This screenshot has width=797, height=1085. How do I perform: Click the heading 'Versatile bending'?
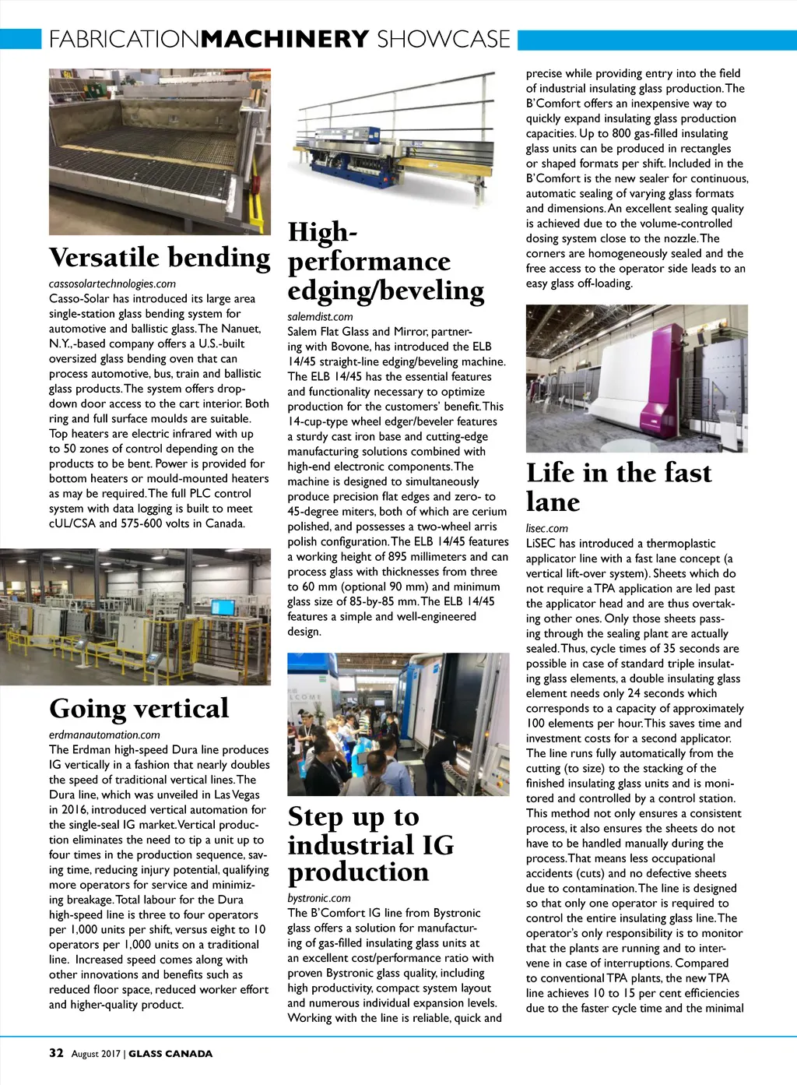(x=160, y=257)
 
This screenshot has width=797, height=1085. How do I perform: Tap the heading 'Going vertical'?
(x=139, y=708)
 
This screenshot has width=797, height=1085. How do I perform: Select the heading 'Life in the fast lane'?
(x=619, y=487)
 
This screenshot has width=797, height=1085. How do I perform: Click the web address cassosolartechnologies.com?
(x=112, y=284)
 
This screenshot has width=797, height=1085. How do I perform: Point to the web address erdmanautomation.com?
(x=104, y=734)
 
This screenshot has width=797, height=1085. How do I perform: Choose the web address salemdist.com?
(x=320, y=316)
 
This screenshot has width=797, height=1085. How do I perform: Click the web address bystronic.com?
(x=319, y=897)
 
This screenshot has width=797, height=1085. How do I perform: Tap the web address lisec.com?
(x=546, y=528)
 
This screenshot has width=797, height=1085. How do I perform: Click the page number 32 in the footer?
(x=56, y=1053)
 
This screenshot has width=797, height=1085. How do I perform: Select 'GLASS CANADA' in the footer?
(x=170, y=1054)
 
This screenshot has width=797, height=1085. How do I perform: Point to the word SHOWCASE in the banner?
(x=443, y=39)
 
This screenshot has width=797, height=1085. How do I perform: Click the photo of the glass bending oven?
(x=160, y=152)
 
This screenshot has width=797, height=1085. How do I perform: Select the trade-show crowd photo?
(x=398, y=724)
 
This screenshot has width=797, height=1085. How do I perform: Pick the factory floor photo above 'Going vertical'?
(x=135, y=617)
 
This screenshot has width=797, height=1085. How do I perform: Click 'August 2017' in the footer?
(x=96, y=1054)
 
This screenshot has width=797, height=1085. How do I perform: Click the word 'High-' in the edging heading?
(x=322, y=231)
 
